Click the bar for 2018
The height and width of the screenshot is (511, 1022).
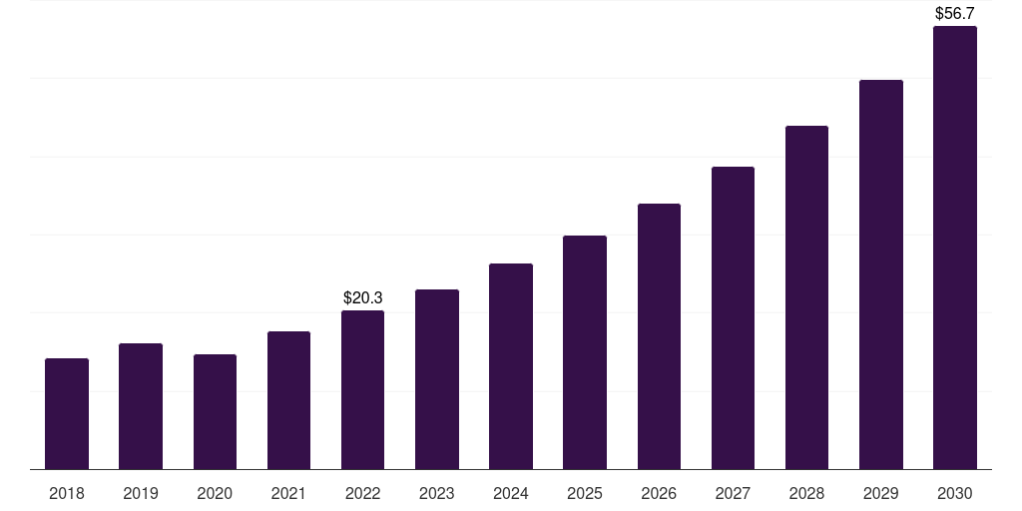point(67,414)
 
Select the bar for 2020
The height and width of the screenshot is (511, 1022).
point(215,412)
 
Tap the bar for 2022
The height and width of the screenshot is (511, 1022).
point(362,390)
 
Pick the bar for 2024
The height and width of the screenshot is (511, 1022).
point(511,366)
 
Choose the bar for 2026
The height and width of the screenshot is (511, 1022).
point(659,336)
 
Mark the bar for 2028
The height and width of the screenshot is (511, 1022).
point(806,297)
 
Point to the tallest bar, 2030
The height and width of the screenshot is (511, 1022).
point(954,248)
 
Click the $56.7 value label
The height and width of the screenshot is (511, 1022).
point(954,14)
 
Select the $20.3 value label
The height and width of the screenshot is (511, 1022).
point(363,297)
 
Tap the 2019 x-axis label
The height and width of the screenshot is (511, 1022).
point(141,493)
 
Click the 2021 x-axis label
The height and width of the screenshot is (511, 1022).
point(288,493)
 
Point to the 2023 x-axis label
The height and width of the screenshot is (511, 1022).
point(437,493)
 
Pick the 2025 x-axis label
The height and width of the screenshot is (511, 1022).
point(585,493)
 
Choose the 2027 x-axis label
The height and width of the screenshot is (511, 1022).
point(733,493)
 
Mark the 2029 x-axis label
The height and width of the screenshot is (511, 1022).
point(880,493)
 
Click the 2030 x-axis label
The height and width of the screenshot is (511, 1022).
point(954,493)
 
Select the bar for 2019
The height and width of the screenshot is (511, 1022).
point(141,406)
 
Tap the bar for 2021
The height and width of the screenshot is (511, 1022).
point(288,400)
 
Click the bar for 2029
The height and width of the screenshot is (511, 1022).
point(880,274)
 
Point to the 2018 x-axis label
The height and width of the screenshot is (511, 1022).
point(67,493)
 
